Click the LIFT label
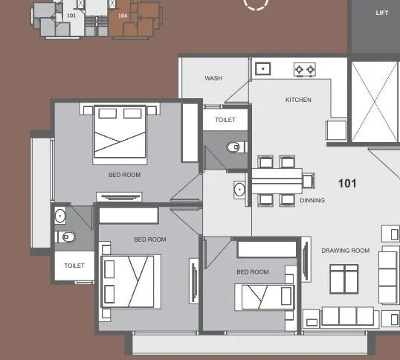click(x=381, y=13)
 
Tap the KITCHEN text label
click(x=298, y=100)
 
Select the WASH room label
click(x=213, y=78)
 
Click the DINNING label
click(x=312, y=200)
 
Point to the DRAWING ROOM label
click(x=345, y=251)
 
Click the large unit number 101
click(x=347, y=183)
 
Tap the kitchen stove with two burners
click(x=304, y=69)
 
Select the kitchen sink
click(x=263, y=68)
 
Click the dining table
click(x=277, y=180)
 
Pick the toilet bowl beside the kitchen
click(x=235, y=147)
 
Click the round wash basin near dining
click(x=239, y=189)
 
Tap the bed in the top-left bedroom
click(x=120, y=133)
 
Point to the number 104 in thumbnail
click(x=122, y=15)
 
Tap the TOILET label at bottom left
click(x=74, y=266)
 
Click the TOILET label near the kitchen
click(x=225, y=120)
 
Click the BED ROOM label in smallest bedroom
click(x=253, y=272)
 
